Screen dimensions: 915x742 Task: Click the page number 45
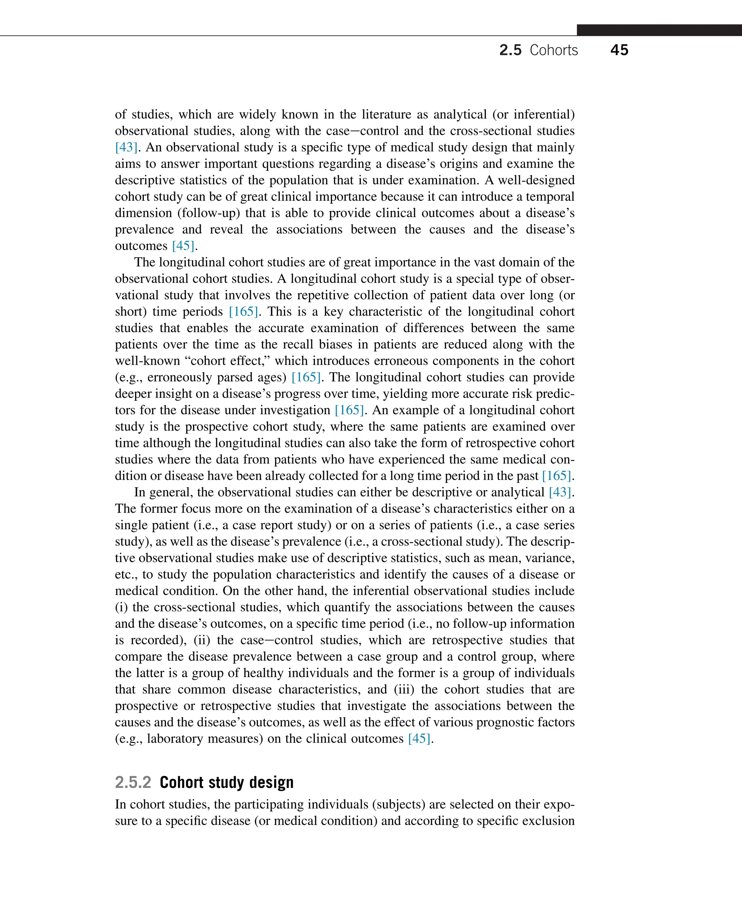[x=619, y=50]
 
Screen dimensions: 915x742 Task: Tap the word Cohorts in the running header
[x=554, y=50]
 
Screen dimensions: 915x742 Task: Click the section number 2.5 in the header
[x=510, y=50]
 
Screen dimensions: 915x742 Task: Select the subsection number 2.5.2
[x=133, y=782]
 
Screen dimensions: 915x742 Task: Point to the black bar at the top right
[x=659, y=30]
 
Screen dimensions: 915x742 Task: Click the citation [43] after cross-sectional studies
[x=126, y=147]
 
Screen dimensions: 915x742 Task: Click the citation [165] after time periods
[x=243, y=312]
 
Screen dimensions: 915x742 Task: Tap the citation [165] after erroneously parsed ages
[x=306, y=377]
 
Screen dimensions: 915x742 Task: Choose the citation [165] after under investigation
[x=349, y=410]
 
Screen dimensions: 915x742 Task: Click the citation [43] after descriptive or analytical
[x=560, y=492]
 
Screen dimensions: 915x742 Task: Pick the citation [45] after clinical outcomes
[x=419, y=739]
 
